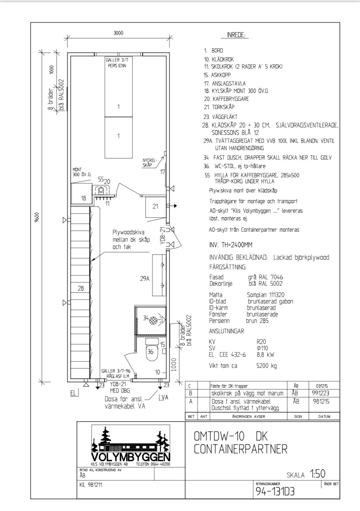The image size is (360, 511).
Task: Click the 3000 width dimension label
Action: pos(119,33)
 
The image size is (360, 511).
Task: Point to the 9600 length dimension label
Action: pos(37,217)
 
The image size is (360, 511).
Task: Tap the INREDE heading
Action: pos(236,35)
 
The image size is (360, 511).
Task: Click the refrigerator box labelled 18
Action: pos(82,194)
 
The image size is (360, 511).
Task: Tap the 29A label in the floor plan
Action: pos(145,279)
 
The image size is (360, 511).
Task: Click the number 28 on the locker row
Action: pos(81,288)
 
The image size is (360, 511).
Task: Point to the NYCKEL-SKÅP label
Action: pos(150,163)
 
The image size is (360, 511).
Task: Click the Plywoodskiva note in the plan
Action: pos(131,240)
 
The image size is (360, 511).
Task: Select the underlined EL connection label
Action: pos(73,393)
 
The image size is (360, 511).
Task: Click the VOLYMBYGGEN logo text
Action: pos(131,457)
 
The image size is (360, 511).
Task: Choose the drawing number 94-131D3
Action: pos(275,492)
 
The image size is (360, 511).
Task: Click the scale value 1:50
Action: pos(317,474)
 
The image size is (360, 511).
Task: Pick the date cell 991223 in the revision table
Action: pos(321,393)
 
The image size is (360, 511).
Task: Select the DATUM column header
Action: pos(324,416)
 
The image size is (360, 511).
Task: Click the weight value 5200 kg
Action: pos(267,366)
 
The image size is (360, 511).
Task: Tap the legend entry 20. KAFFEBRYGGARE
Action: pos(227,99)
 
